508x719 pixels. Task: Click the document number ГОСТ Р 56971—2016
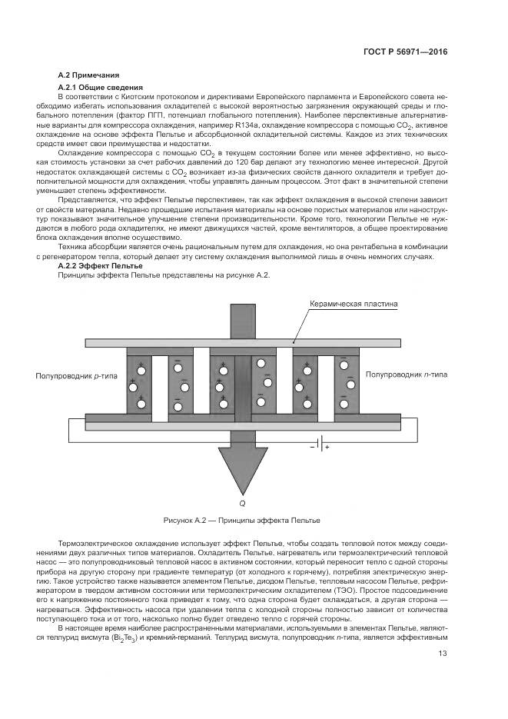click(405, 52)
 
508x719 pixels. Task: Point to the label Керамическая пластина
click(354, 304)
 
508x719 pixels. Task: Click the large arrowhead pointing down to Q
click(242, 469)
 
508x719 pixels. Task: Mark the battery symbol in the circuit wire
click(317, 444)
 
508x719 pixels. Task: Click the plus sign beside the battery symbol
click(326, 447)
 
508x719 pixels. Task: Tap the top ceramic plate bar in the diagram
click(242, 341)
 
